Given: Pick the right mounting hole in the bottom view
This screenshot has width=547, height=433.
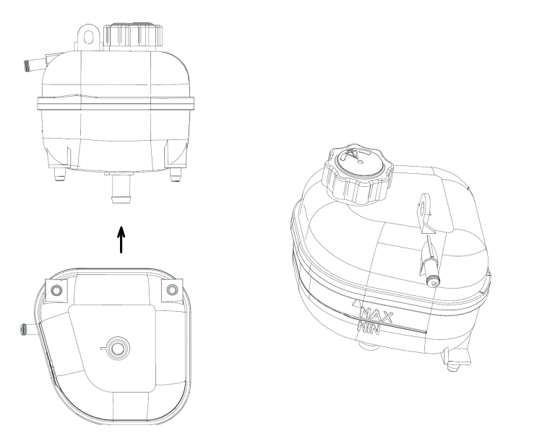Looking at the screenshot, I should (171, 289).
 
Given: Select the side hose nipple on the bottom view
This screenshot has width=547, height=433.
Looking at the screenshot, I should (27, 331).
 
